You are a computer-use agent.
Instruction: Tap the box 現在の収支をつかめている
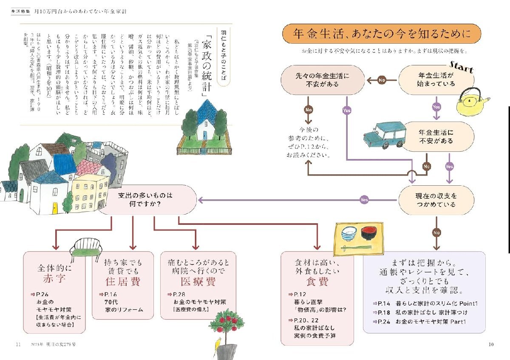point(436,200)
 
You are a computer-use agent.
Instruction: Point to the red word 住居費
point(123,281)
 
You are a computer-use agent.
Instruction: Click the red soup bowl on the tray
point(368,232)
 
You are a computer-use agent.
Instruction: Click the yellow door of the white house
point(54,208)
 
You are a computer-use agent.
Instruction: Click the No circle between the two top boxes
point(382,79)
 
